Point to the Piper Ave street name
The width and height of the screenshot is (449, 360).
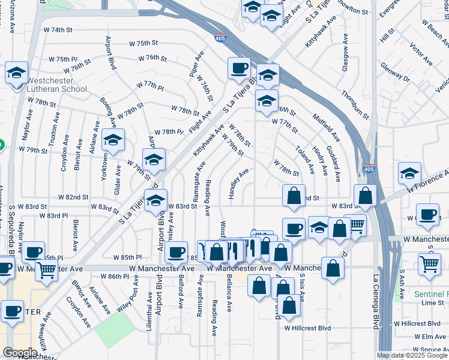pos(194,67)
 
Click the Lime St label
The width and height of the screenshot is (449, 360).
pos(432,303)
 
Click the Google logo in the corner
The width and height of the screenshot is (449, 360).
pos(20,352)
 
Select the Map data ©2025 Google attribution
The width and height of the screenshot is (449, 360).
pos(412,355)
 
